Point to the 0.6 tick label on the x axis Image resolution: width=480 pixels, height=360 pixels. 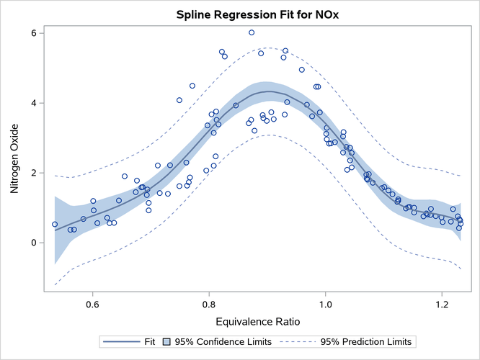pyautogui.click(x=92, y=304)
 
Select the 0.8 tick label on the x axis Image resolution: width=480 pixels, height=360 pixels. pyautogui.click(x=209, y=304)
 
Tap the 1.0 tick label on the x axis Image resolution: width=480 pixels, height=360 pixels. pyautogui.click(x=326, y=304)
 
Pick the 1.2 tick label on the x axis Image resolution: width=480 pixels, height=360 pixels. pyautogui.click(x=442, y=304)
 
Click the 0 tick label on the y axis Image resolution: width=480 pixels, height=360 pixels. pyautogui.click(x=33, y=243)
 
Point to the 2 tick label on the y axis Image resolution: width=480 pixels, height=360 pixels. pyautogui.click(x=33, y=173)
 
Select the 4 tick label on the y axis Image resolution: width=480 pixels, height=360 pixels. pyautogui.click(x=33, y=103)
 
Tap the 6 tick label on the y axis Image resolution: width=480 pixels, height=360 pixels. pyautogui.click(x=33, y=33)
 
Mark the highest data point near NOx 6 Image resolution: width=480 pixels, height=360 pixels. pyautogui.click(x=252, y=32)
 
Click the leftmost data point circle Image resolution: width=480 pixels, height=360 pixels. pyautogui.click(x=55, y=224)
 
